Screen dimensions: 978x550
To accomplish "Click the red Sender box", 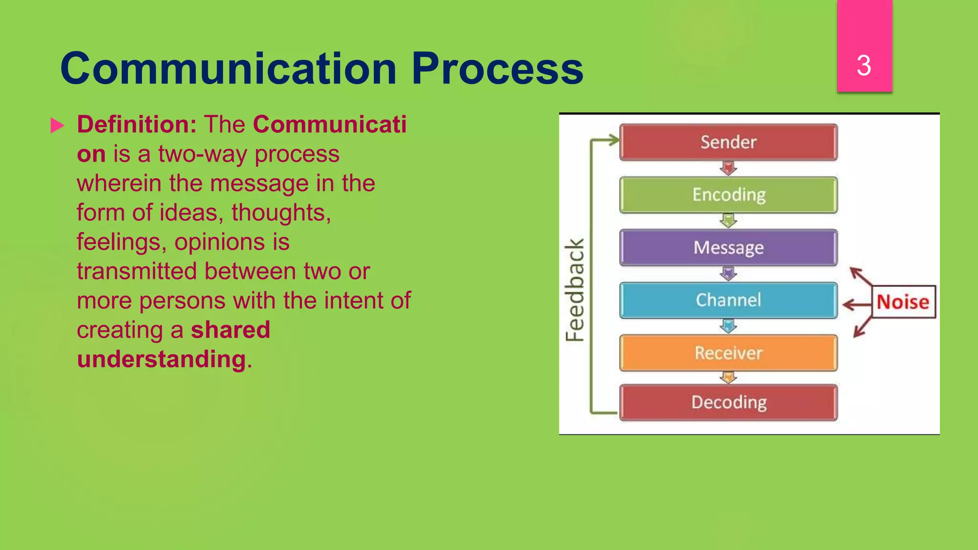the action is tap(728, 142).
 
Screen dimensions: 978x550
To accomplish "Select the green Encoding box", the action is tap(728, 195).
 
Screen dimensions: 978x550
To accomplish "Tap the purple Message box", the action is tap(728, 247).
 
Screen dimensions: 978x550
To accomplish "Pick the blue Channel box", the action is tap(728, 300).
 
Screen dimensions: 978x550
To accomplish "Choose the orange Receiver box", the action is tap(728, 353).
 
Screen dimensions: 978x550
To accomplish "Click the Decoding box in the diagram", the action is tap(728, 402).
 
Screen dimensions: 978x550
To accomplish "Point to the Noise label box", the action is tap(904, 302).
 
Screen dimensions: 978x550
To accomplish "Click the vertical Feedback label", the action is tap(574, 290).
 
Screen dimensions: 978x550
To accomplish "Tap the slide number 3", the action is tap(864, 65).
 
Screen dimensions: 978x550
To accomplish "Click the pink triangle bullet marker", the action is tap(57, 126).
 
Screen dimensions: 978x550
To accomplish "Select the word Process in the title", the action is tap(497, 69).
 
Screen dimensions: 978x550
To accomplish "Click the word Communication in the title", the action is tap(229, 69).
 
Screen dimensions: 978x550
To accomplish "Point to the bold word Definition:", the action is tap(137, 125).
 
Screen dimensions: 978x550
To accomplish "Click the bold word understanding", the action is tap(161, 359).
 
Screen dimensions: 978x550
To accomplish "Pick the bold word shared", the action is tap(231, 330).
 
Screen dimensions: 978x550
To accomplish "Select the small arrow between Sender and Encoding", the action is tap(728, 168).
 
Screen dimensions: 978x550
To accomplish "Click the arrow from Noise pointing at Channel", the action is tap(857, 304).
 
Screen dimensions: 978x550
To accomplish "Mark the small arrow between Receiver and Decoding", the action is tap(728, 378).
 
